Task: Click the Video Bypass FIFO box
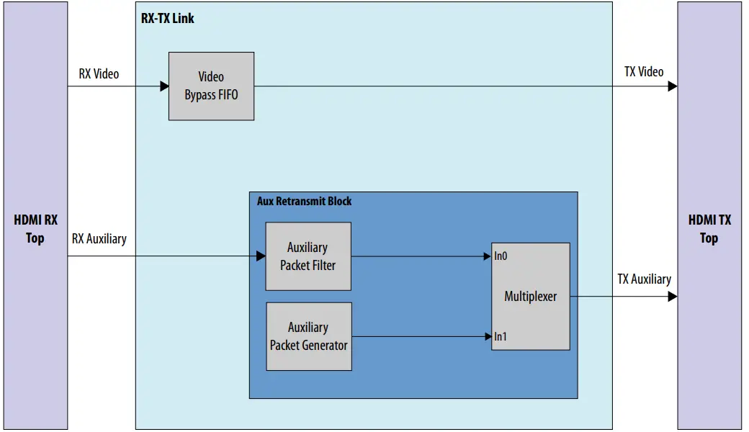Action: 211,86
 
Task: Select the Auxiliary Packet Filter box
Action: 308,256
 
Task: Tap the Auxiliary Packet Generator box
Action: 309,336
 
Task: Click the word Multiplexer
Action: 530,296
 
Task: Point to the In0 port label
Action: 501,256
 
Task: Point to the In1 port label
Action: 500,336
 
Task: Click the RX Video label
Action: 99,73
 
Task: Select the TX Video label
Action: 644,71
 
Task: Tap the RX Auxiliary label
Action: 99,238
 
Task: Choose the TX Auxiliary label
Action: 644,279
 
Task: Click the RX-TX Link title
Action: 168,18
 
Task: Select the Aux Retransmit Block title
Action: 304,201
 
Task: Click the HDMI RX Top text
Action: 35,229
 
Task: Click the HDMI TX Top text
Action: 709,229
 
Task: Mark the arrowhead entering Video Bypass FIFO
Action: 164,86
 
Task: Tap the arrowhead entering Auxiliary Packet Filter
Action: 261,256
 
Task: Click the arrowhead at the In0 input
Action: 488,256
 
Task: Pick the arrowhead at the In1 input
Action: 488,336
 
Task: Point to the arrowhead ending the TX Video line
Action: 672,86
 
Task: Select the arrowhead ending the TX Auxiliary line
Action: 672,296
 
